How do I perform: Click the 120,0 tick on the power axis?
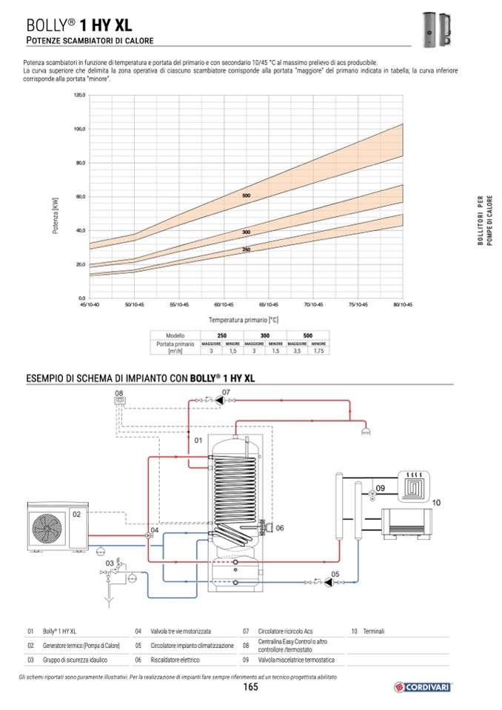point(80,95)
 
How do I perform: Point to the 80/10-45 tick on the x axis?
point(402,304)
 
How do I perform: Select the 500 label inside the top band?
point(247,195)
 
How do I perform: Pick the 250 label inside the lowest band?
point(246,249)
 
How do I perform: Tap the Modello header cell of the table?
point(175,335)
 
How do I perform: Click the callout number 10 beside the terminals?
point(436,503)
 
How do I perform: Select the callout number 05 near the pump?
point(335,574)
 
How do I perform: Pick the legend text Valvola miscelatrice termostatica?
point(296,659)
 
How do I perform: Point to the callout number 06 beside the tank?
point(279,529)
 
